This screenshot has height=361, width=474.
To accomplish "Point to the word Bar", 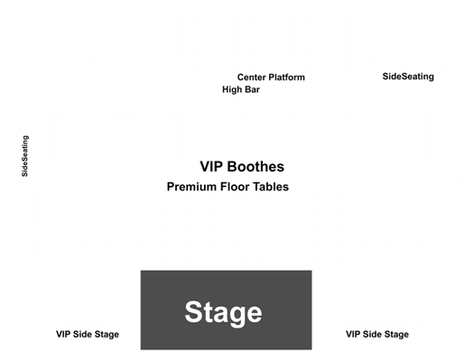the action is (253, 89).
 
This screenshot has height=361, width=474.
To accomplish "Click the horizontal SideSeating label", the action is (408, 77).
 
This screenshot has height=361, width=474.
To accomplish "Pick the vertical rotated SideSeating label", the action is (25, 156).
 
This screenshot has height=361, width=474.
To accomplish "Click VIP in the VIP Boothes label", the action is (211, 166).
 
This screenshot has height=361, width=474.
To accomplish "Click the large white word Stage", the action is (223, 313).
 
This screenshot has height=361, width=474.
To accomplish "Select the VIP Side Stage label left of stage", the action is (88, 335).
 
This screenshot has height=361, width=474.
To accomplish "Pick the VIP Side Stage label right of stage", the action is (377, 335).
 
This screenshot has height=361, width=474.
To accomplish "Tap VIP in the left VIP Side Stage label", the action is (63, 335).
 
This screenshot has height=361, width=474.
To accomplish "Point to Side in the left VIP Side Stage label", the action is (82, 335).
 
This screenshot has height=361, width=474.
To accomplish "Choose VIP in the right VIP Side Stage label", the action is (353, 335).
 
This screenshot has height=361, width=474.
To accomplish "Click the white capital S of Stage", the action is (194, 311).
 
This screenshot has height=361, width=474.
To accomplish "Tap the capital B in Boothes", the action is (232, 166).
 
